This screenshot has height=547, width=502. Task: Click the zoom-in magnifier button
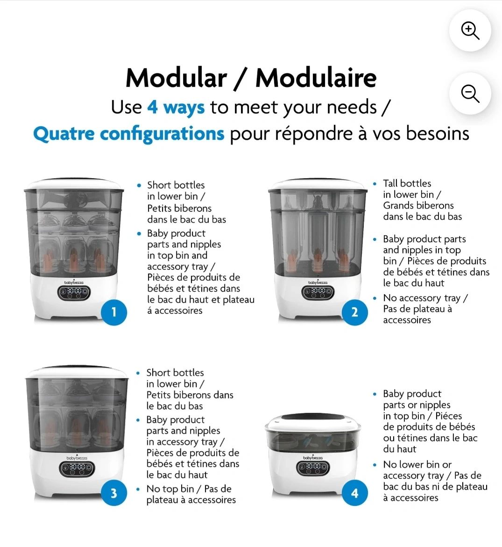[470, 31]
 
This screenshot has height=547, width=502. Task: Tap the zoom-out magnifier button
[470, 94]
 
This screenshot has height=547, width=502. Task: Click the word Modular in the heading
[176, 78]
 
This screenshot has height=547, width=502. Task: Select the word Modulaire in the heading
[316, 78]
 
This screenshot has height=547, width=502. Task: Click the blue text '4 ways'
[176, 108]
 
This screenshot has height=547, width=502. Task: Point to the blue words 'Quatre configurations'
[128, 134]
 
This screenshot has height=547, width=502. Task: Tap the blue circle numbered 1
[114, 312]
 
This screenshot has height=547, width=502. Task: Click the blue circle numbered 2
[354, 312]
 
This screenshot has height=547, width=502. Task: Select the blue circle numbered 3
[114, 493]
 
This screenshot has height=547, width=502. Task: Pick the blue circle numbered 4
[354, 493]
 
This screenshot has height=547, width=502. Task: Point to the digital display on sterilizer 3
[77, 468]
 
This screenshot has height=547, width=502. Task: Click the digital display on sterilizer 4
[313, 467]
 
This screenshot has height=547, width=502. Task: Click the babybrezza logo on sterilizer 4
[313, 458]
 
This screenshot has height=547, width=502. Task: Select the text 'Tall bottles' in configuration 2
[407, 183]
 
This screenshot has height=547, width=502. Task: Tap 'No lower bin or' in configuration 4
[417, 465]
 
